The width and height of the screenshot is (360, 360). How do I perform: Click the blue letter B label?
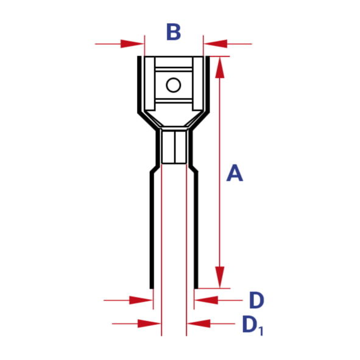174,32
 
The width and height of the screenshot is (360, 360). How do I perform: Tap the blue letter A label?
235,173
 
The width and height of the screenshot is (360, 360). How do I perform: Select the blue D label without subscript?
256,300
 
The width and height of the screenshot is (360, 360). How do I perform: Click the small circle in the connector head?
174,85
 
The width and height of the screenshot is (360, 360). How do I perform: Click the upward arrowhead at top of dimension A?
220,67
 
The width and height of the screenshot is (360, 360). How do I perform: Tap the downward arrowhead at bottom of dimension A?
220,277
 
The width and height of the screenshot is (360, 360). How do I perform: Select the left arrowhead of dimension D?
141,300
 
